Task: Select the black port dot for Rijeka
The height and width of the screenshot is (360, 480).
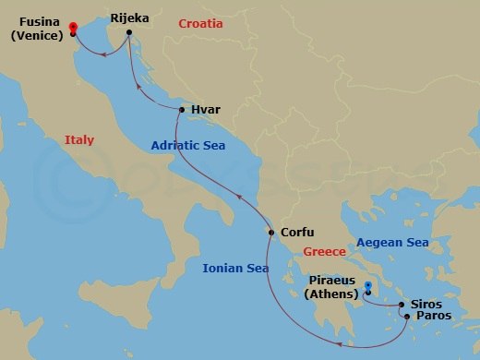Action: (x=129, y=33)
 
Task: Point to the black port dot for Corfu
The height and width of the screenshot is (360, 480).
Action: (x=270, y=233)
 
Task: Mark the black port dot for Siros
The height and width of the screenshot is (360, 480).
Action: (x=402, y=304)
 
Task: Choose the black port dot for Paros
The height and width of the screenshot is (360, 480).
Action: (x=407, y=317)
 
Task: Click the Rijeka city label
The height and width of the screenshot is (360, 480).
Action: (x=129, y=18)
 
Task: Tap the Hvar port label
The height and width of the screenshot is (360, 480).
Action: (x=206, y=110)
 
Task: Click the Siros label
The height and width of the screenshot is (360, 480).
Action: (x=426, y=304)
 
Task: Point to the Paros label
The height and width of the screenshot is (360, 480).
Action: (x=434, y=317)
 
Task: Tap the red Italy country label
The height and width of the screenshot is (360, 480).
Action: (x=79, y=140)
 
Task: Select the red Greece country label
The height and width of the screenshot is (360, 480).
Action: (x=325, y=251)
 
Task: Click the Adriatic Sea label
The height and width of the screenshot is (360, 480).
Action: (x=189, y=145)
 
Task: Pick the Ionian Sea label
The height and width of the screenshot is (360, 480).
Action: (x=235, y=268)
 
